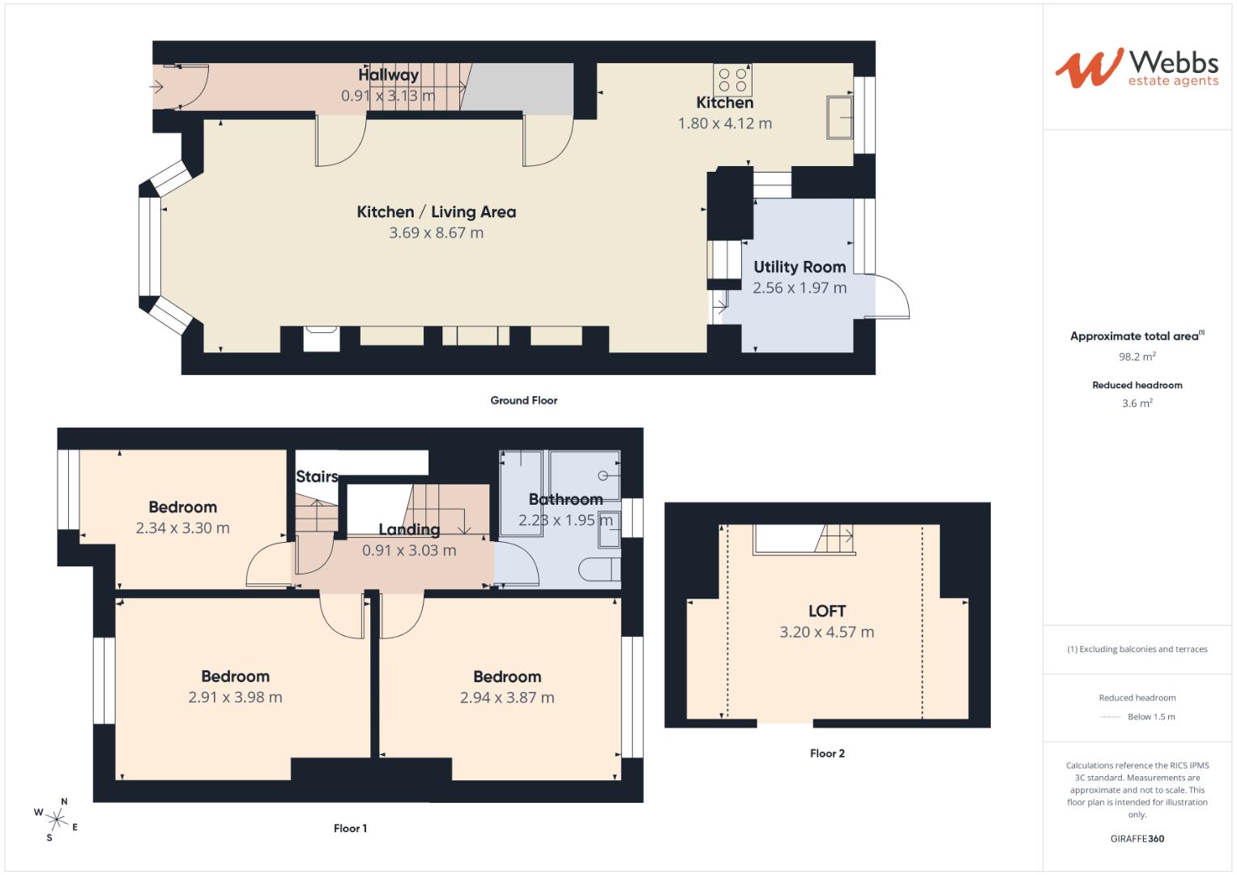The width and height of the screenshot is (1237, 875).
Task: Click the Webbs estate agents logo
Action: (x=1137, y=68)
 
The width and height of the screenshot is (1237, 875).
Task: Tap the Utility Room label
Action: (x=800, y=267)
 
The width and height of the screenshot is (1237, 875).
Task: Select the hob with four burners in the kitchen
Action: (x=733, y=79)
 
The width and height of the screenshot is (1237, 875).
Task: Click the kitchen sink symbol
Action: (x=839, y=117)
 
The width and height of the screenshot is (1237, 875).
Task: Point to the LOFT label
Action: (x=826, y=612)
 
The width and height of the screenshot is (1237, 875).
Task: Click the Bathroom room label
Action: (x=565, y=499)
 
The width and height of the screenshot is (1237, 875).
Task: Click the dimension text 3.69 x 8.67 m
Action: (x=436, y=233)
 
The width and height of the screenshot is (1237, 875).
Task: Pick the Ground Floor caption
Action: (x=523, y=400)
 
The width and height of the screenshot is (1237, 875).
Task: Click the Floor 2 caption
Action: (x=827, y=753)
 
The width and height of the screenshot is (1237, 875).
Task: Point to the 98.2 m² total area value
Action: (x=1137, y=356)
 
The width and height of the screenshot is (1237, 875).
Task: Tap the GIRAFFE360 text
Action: (x=1137, y=839)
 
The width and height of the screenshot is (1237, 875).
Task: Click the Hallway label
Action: (x=389, y=75)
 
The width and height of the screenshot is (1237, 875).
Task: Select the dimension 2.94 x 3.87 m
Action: (x=507, y=698)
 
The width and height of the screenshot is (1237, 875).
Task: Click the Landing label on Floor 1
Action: (x=409, y=530)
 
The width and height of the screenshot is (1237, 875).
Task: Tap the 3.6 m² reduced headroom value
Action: (x=1137, y=403)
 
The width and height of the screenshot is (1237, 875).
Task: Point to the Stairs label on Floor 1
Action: (x=317, y=476)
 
